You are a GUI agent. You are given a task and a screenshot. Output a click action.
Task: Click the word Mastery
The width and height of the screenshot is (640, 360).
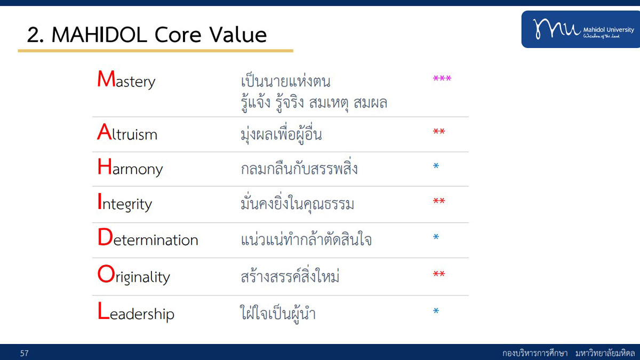coord(126,79)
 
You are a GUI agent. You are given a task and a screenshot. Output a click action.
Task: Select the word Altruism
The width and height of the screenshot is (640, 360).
coord(127,132)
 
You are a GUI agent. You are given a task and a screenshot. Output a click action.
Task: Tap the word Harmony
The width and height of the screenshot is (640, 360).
coord(130,167)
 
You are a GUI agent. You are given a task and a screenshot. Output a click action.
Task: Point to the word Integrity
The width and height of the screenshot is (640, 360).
coord(125,203)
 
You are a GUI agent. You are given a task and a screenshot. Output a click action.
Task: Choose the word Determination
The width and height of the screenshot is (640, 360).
coord(148,237)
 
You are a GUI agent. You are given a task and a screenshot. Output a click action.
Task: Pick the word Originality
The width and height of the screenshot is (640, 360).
coord(134,275)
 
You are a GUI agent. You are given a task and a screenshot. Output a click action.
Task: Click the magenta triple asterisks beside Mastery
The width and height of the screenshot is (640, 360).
coord(442,78)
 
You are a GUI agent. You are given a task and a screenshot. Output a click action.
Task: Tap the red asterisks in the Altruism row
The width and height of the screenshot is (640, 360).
coord(439,131)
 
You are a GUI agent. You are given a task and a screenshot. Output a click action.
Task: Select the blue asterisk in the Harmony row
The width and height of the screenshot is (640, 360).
coord(436,166)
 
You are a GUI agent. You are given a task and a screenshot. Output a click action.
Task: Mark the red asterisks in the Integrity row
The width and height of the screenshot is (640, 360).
coord(439,201)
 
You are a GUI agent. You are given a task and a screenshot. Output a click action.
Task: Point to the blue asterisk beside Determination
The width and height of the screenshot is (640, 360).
coord(436,237)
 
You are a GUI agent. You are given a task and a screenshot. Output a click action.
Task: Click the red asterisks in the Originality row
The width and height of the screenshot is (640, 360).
coord(439,274)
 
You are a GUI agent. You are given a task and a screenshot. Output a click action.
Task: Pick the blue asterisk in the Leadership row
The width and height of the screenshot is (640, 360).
coord(436,310)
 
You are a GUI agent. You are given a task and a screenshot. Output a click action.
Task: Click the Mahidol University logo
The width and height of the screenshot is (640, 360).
coord(581,29)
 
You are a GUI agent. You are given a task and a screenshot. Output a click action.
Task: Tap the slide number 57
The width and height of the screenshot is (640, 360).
coord(25,354)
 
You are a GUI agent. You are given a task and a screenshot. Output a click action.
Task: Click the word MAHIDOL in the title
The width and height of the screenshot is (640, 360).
coord(99,35)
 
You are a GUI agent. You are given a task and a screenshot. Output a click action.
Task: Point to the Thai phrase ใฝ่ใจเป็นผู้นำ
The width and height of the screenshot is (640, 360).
coord(278,313)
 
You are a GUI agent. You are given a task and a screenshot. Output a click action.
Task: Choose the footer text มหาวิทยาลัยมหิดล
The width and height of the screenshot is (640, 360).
coord(605,353)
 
